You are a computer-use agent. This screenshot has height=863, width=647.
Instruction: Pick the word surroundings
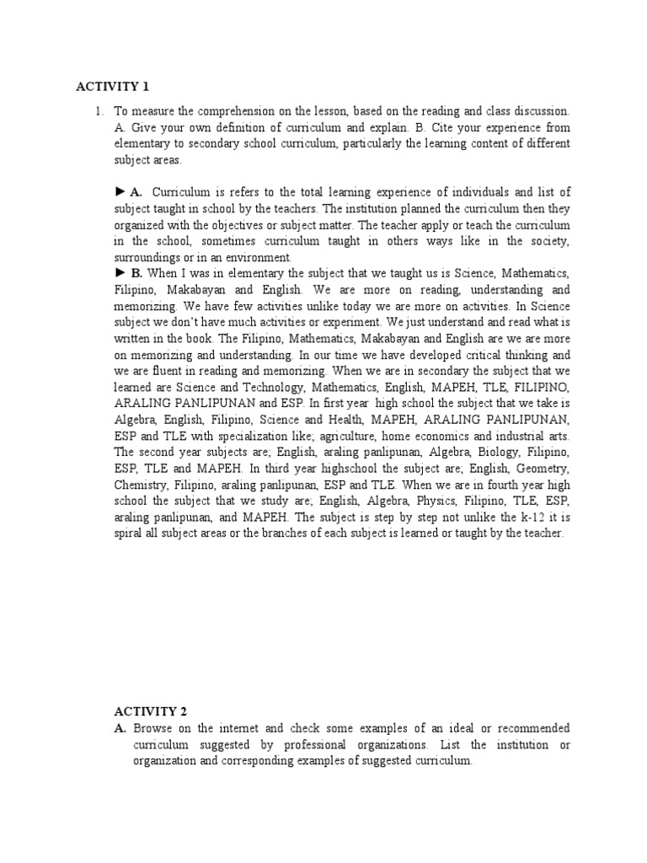click(x=147, y=257)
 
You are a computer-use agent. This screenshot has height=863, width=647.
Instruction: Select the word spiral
click(x=130, y=533)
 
